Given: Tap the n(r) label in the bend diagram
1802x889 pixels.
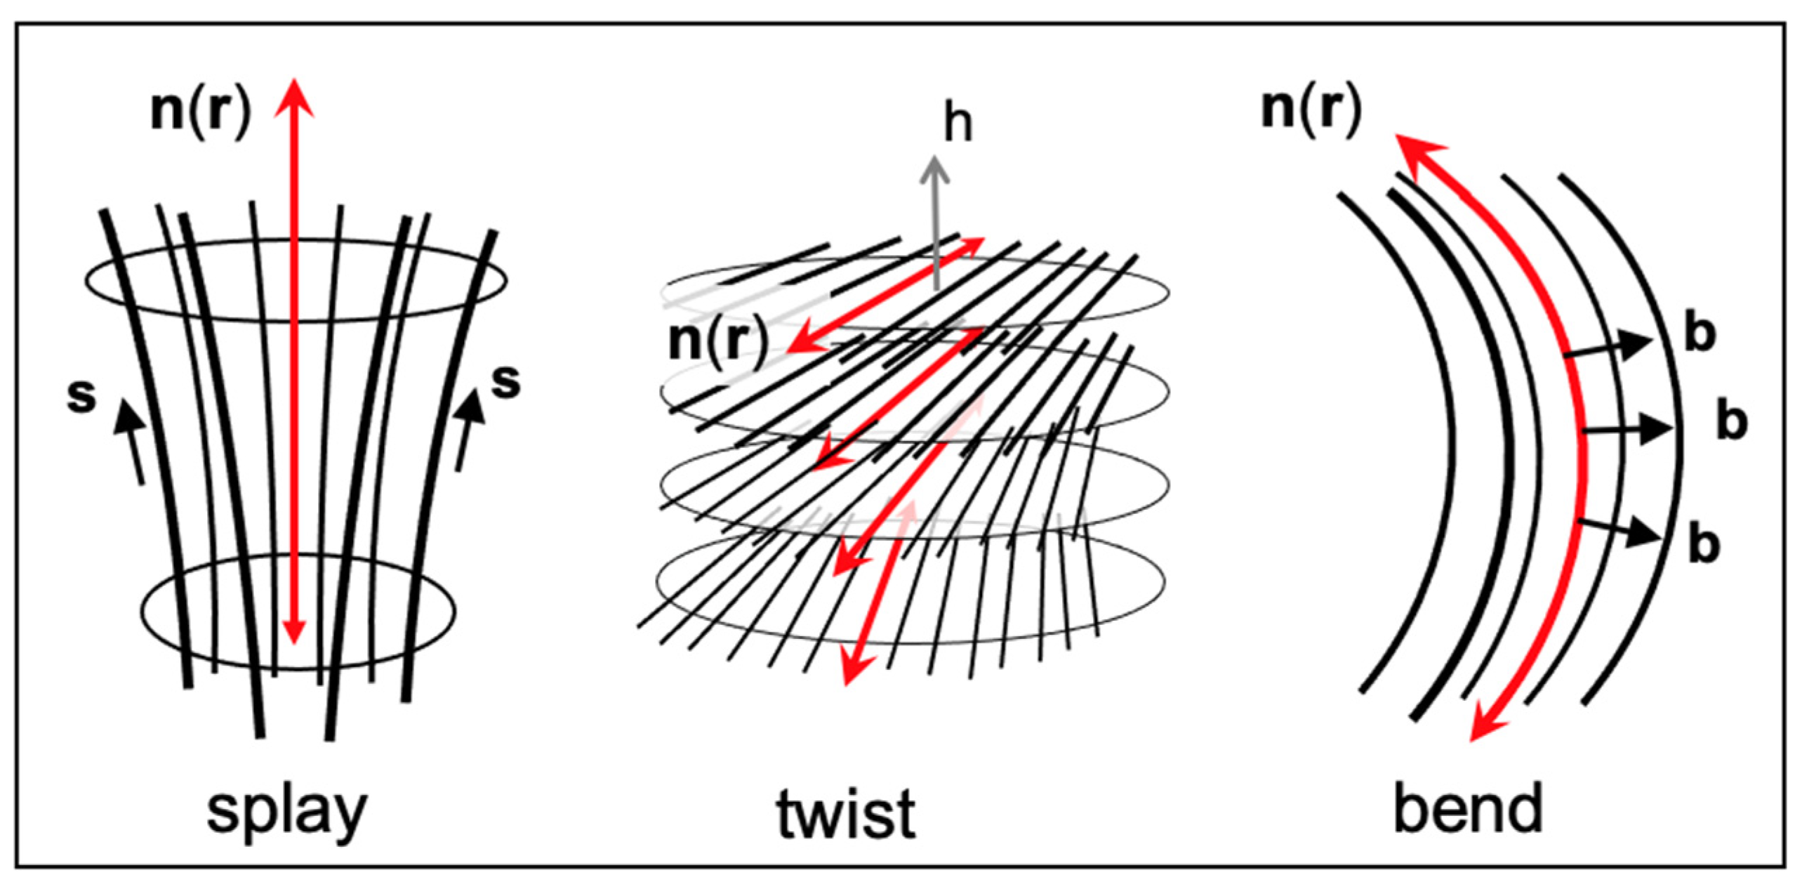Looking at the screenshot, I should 1311,109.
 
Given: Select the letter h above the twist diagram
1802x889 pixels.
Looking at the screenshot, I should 958,124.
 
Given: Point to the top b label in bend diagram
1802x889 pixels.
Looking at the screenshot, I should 1700,334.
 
